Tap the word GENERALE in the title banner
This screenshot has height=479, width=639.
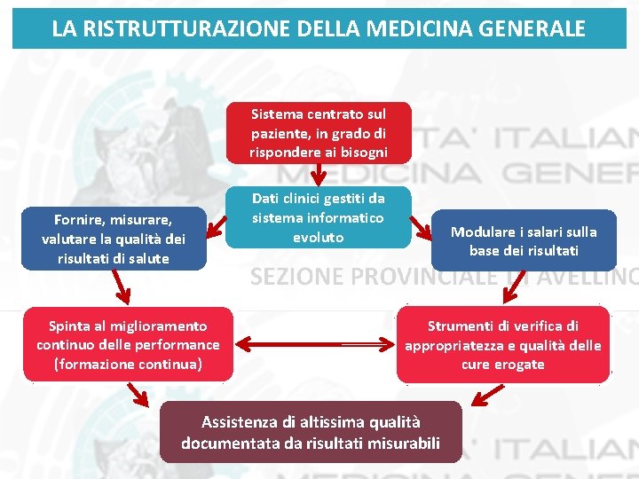tap(536, 28)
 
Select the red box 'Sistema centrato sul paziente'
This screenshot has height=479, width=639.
tap(319, 133)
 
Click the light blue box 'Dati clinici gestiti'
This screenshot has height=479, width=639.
tap(319, 216)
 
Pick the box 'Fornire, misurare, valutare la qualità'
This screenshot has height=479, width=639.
tap(114, 238)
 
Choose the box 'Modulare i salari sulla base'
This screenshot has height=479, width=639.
tap(524, 240)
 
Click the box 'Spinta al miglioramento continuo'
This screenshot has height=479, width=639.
tap(128, 344)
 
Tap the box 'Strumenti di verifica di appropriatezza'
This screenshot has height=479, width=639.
tap(503, 344)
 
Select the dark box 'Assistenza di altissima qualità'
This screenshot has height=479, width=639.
tap(311, 432)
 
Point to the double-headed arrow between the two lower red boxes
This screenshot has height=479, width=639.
tap(315, 343)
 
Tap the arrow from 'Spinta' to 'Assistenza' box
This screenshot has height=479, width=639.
tap(138, 394)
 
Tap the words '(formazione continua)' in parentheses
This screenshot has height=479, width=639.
tap(128, 364)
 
